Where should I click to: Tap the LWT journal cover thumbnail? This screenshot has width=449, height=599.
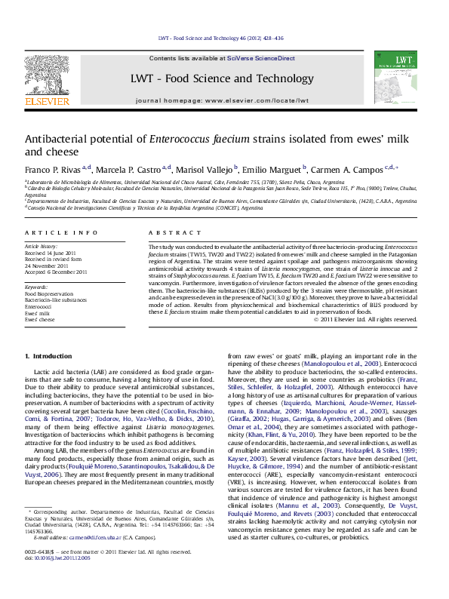pos(395,78)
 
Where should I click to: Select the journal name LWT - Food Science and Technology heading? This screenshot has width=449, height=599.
pos(222,78)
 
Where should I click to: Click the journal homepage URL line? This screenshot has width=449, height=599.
pos(222,100)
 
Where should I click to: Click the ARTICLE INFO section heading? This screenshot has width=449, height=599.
pos(61,233)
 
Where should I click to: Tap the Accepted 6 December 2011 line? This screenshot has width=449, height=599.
pos(56,272)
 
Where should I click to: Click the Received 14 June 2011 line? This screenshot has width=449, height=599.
pos(51,253)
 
